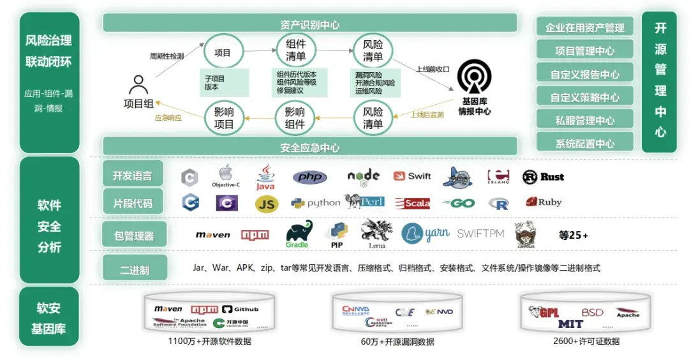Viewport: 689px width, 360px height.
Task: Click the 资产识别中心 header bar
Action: [309, 24]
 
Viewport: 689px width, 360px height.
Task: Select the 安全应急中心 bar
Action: [309, 147]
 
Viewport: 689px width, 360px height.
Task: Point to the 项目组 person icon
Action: [138, 86]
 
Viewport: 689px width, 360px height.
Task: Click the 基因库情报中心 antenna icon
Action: [474, 77]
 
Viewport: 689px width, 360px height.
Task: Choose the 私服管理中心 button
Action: [584, 120]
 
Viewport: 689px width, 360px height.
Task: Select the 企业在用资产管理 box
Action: [584, 27]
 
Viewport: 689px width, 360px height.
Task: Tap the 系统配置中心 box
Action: [584, 143]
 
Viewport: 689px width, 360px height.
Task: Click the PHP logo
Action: [310, 177]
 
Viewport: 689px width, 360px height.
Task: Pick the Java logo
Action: [265, 178]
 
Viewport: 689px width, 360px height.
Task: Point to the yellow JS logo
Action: [267, 204]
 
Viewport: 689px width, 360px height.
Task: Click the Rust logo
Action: [543, 177]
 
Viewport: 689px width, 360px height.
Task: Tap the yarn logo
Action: [426, 234]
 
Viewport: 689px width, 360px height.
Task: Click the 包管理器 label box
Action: [134, 236]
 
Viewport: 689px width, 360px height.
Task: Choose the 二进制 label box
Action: [134, 269]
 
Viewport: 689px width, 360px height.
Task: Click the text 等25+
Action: [573, 235]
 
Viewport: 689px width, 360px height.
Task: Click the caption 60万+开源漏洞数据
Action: [397, 342]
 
